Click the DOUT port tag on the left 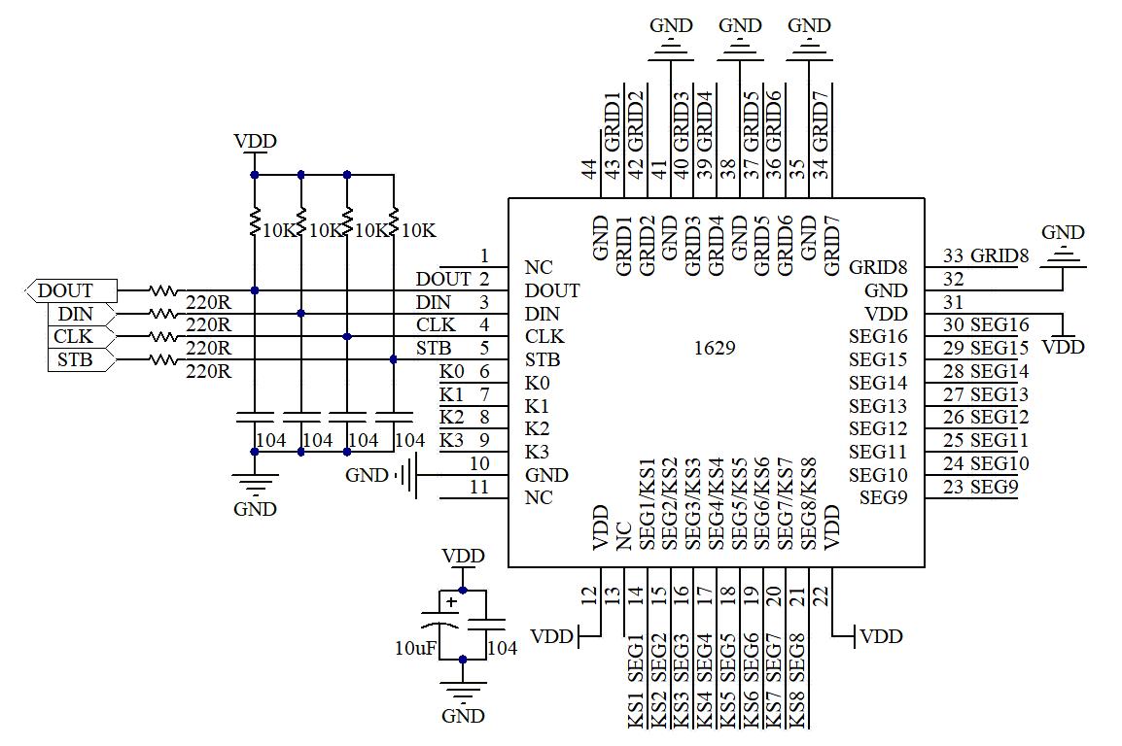click(x=68, y=290)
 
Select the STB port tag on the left click(x=77, y=360)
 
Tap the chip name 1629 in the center click(x=715, y=348)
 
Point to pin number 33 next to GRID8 click(x=954, y=256)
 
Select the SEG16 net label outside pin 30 click(x=999, y=324)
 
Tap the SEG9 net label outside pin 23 click(x=993, y=487)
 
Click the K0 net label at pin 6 click(x=452, y=371)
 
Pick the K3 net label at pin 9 click(x=452, y=440)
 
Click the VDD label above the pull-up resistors click(x=255, y=142)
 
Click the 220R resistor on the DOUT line click(x=163, y=290)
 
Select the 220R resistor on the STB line click(x=163, y=360)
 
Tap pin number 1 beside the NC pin click(x=484, y=256)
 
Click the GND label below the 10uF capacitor click(x=463, y=717)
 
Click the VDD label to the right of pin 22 click(x=882, y=637)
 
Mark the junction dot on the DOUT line click(x=255, y=290)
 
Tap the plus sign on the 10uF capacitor click(x=450, y=601)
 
